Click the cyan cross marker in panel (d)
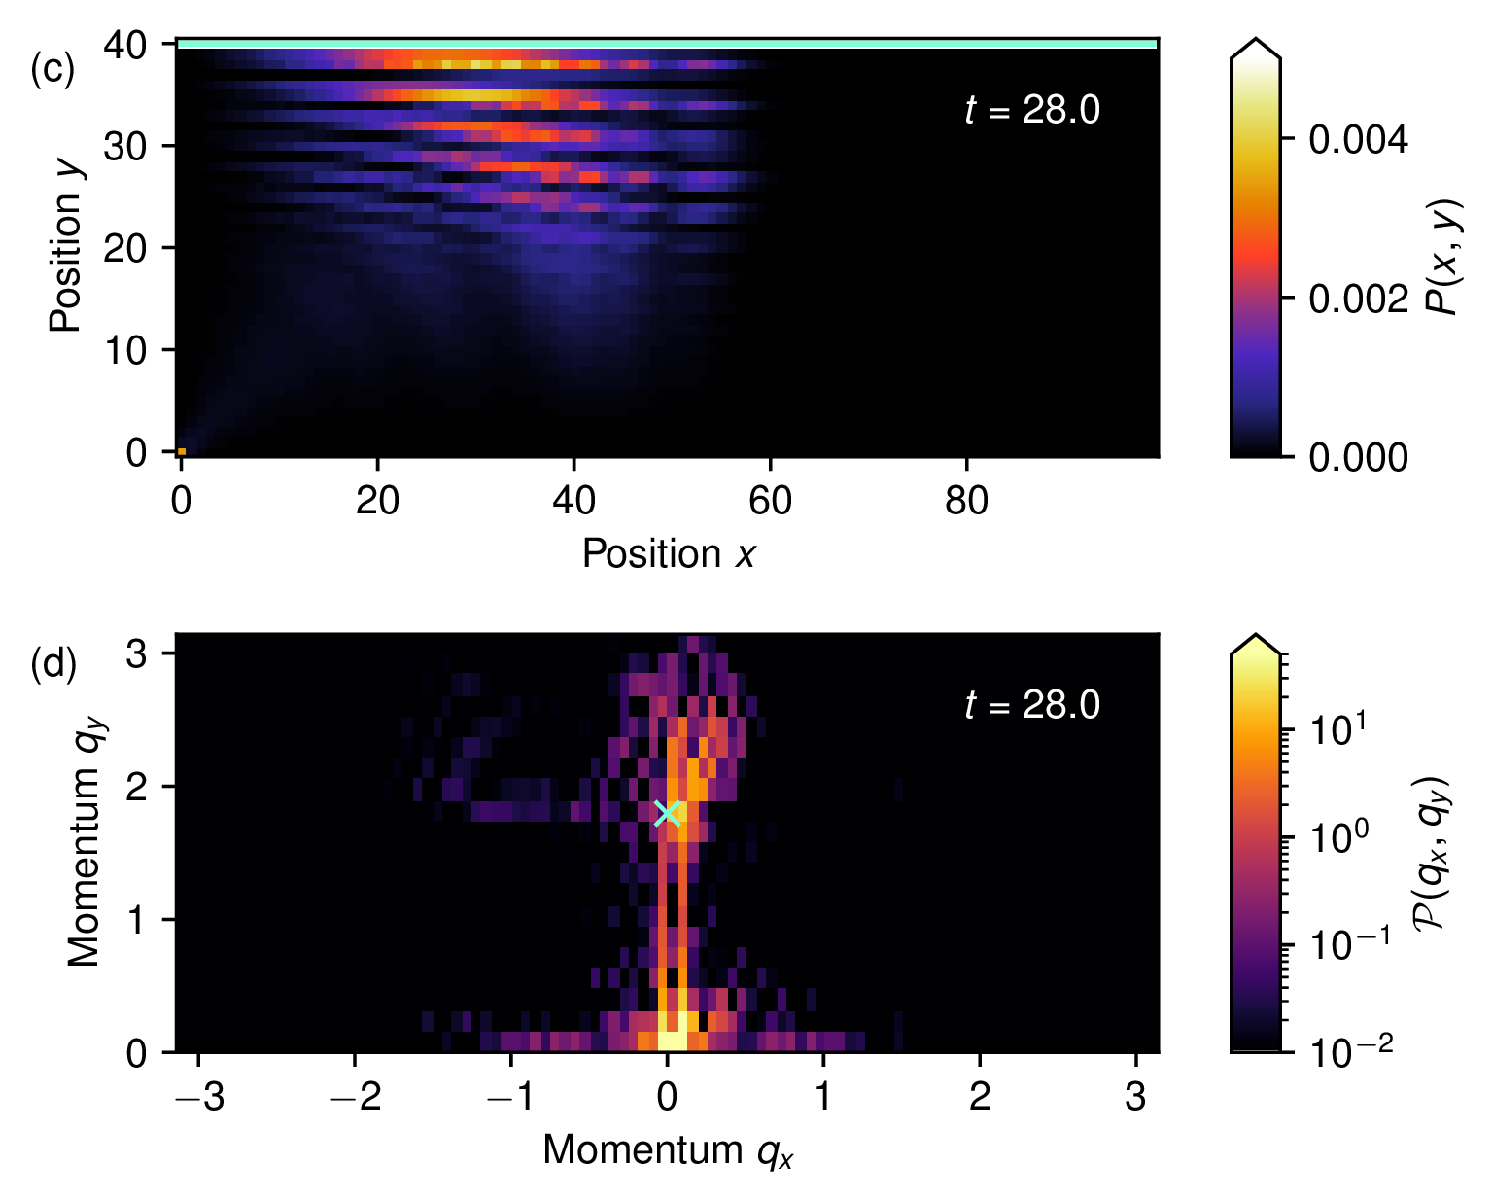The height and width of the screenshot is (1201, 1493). [x=668, y=812]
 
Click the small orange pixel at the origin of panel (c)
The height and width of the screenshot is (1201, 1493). [x=182, y=451]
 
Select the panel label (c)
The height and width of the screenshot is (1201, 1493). [x=52, y=68]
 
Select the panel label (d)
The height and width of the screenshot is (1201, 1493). [x=53, y=663]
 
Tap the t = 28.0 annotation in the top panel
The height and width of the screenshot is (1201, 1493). [x=1032, y=110]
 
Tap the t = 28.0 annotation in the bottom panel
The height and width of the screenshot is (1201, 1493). [x=1032, y=705]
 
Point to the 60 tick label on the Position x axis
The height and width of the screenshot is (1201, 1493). [x=770, y=501]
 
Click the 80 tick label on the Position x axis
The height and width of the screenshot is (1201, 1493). [x=966, y=501]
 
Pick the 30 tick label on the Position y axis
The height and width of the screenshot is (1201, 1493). [x=124, y=146]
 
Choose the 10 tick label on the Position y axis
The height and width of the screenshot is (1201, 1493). [x=124, y=350]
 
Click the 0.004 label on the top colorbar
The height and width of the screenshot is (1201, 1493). [x=1359, y=139]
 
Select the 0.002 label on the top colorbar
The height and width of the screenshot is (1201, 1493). [x=1359, y=299]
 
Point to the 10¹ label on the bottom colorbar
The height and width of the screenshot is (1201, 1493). [x=1337, y=728]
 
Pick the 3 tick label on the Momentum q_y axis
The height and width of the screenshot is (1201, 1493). [x=136, y=653]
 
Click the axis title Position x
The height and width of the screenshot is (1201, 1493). [x=668, y=554]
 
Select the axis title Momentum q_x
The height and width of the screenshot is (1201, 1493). [x=668, y=1151]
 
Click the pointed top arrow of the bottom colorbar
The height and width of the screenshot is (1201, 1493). [x=1256, y=643]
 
